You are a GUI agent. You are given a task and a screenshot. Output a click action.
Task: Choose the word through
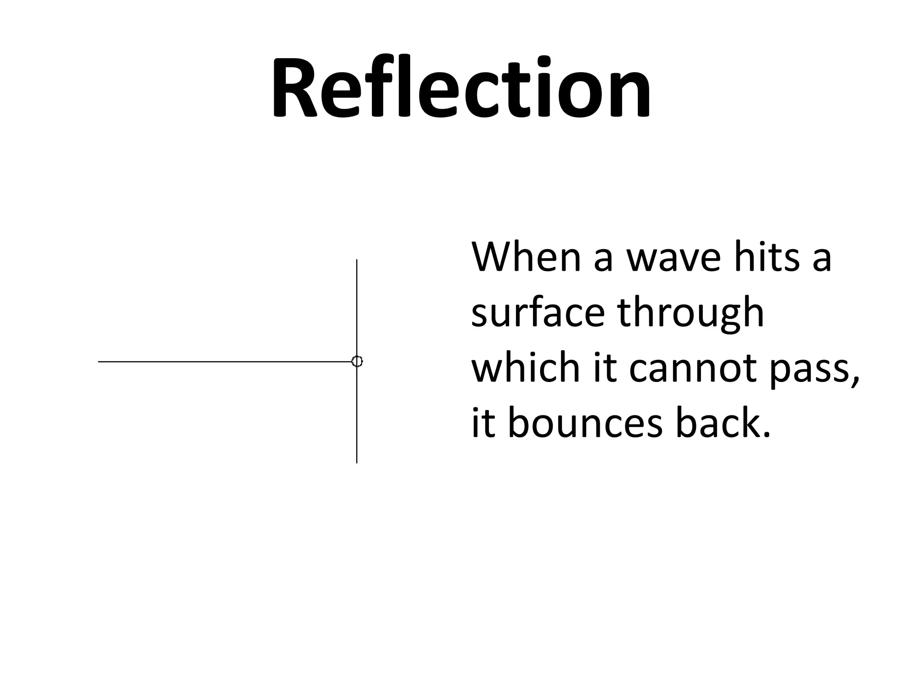tap(691, 313)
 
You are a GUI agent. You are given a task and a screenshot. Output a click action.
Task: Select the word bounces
tap(586, 423)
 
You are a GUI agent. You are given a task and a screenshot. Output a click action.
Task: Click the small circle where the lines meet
tap(357, 361)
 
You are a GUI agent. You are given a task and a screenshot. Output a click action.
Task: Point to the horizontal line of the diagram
tap(225, 362)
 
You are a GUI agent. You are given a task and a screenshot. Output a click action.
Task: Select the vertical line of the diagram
tap(357, 306)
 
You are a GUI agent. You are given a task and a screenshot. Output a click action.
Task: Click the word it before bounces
tap(483, 423)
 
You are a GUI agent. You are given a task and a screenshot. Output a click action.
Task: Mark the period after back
tap(766, 435)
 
